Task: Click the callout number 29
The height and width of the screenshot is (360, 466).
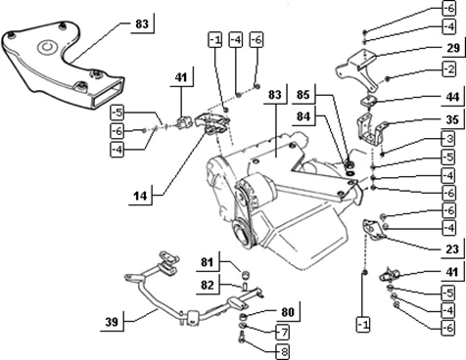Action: tap(453, 48)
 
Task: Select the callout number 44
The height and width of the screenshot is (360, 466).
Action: tap(452, 97)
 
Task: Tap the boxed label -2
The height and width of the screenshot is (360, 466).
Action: tap(449, 69)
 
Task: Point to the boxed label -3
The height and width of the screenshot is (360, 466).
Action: tap(449, 139)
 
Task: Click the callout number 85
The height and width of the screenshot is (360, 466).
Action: tap(303, 95)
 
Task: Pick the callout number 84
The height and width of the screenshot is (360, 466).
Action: tap(303, 116)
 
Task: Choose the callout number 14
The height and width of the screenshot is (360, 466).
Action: tap(140, 196)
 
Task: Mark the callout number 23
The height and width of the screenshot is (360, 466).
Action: tap(452, 249)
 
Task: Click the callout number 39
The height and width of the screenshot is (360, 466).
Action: tap(112, 322)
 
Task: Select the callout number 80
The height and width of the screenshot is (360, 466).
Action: tap(288, 312)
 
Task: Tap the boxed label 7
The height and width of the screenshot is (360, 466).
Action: tap(284, 333)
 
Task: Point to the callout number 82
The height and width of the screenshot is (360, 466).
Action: tap(207, 285)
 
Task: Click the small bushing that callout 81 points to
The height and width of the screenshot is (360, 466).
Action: tap(246, 274)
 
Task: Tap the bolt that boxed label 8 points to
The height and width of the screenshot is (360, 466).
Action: tap(242, 337)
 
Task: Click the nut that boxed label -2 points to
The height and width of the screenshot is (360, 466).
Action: tap(388, 78)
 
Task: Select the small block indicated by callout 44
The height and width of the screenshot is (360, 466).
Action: tap(368, 101)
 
